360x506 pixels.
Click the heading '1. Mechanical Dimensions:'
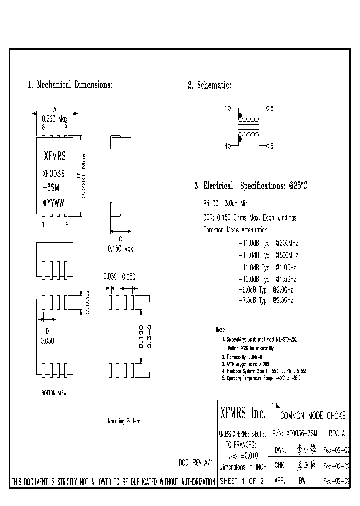69,85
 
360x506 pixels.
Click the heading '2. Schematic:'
209,86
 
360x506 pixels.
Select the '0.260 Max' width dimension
55,119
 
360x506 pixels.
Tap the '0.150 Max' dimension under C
120,248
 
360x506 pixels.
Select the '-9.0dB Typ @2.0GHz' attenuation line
266,290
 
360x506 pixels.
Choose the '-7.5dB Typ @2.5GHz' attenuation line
266,300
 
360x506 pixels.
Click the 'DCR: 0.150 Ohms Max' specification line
250,218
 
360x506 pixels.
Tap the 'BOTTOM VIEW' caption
54,393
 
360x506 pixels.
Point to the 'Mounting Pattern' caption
124,421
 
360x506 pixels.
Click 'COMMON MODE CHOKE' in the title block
312,416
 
